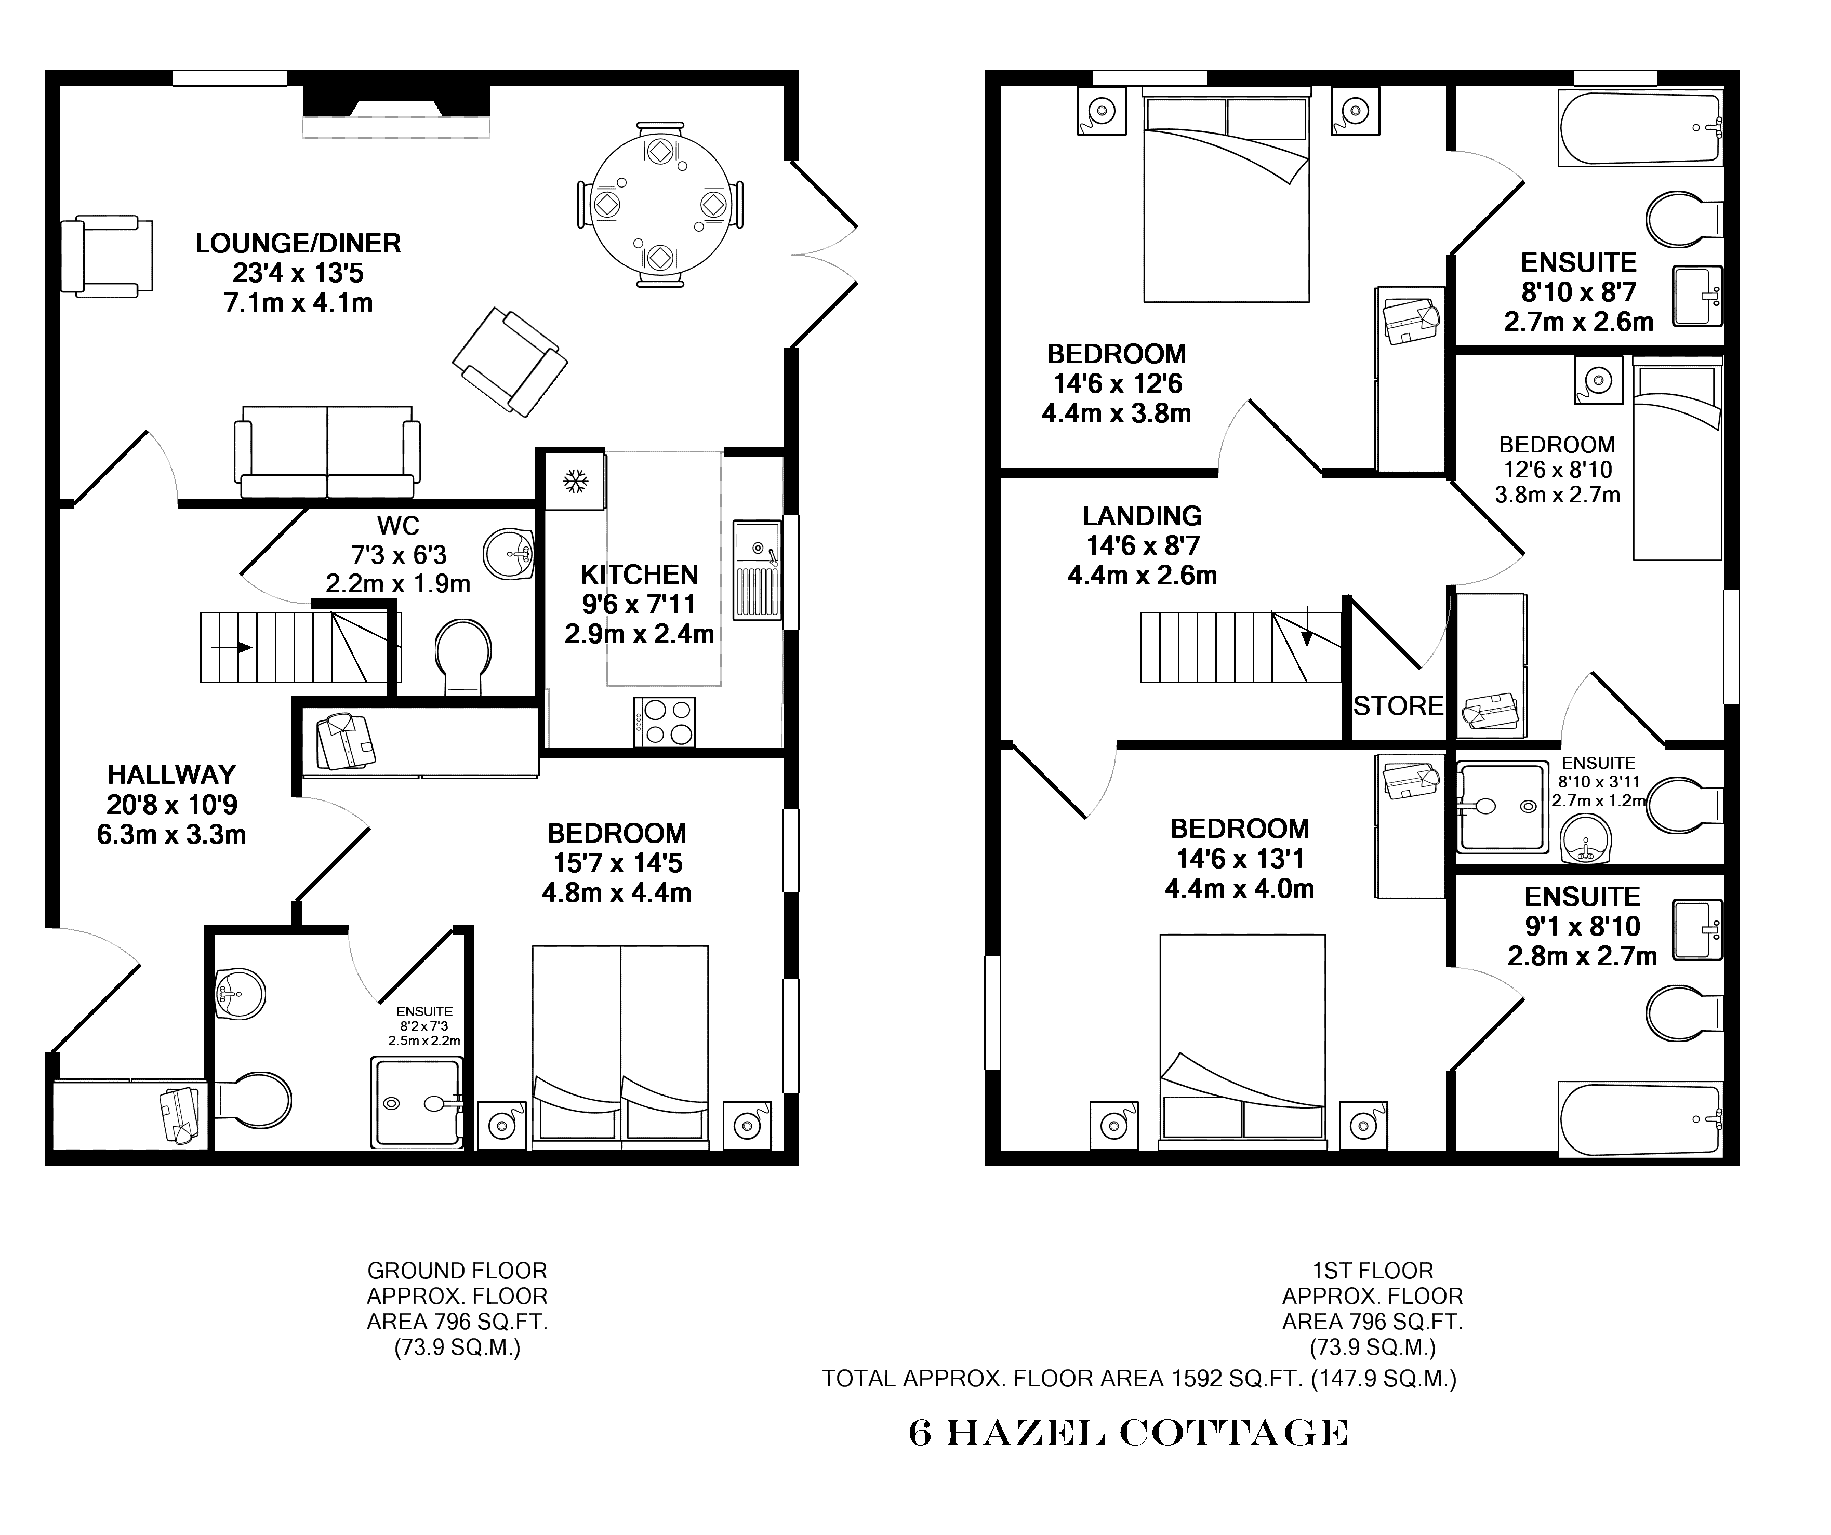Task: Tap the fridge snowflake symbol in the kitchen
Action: click(x=575, y=480)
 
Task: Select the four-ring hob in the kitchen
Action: click(x=665, y=722)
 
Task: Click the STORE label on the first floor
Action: click(x=1399, y=706)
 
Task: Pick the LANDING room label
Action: click(x=1142, y=516)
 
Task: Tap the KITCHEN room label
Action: click(x=639, y=575)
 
